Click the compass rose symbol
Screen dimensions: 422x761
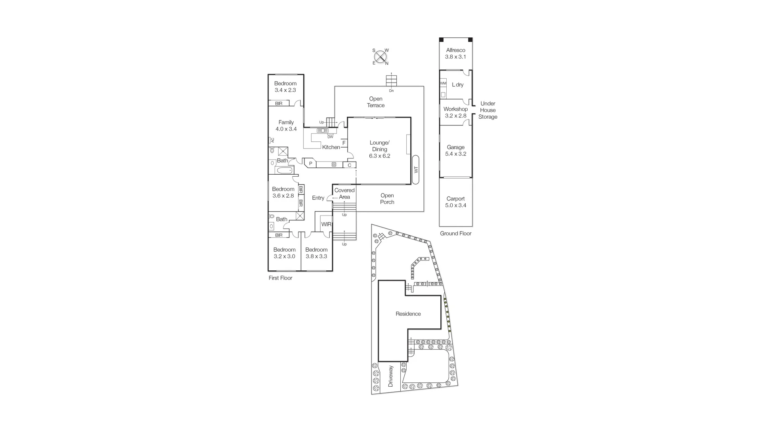point(380,57)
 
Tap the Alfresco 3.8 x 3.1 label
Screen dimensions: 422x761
point(455,54)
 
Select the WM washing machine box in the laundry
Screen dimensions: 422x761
point(443,83)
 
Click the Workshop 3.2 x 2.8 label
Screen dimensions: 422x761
point(455,112)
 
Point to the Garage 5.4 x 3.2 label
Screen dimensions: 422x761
point(455,150)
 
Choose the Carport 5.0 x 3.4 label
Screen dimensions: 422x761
point(455,202)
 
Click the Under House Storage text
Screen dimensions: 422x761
point(488,110)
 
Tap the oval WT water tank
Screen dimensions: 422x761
point(416,170)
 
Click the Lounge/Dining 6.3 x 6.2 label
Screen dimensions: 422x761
point(379,149)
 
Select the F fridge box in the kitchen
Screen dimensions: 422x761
point(344,143)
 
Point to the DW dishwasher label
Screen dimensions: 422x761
point(330,137)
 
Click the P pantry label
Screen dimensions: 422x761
point(311,163)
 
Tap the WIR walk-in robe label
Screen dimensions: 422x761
point(326,224)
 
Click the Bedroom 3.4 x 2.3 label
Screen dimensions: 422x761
point(285,87)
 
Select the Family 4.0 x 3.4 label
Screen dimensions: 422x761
point(286,125)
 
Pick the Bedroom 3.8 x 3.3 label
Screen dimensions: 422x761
point(316,253)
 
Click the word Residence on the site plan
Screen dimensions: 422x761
point(408,314)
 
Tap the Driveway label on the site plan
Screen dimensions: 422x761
point(390,376)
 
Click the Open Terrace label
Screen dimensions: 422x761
point(375,102)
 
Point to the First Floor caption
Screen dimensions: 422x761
point(280,278)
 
